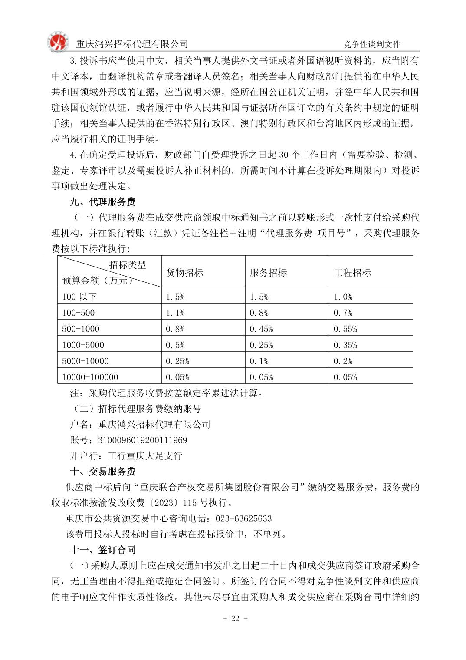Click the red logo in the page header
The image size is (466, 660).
(58, 42)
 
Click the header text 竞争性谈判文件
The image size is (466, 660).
(371, 44)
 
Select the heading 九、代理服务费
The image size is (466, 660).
(103, 202)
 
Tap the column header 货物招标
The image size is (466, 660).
(184, 273)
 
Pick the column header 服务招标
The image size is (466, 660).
(268, 273)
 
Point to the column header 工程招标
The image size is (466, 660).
(352, 273)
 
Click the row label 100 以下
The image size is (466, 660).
(79, 297)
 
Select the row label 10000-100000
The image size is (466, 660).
(90, 377)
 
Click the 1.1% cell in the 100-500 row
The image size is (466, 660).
(175, 313)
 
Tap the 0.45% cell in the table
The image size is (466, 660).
(261, 329)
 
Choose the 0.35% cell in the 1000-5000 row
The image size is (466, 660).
(345, 345)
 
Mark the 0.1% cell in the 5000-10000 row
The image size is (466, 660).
(259, 361)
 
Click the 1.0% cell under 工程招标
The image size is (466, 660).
(343, 297)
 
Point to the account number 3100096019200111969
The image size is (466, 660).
(143, 440)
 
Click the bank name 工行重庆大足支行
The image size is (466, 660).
(145, 456)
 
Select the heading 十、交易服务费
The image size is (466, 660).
(103, 472)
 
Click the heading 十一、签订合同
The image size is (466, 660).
(103, 550)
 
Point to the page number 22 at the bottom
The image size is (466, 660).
(235, 619)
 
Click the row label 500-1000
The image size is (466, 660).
(81, 329)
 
